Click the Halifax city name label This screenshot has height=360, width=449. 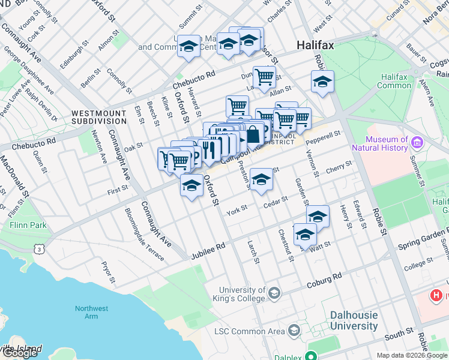coord(316,46)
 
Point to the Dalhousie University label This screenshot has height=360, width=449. coord(354,321)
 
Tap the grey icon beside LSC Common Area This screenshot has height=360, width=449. coord(294,331)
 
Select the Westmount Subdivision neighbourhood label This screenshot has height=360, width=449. coord(99,117)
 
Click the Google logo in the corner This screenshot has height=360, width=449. coord(20,352)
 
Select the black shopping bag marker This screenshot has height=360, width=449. coord(253,134)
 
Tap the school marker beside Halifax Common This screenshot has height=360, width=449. coord(322,82)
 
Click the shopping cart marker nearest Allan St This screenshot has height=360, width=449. coord(264,77)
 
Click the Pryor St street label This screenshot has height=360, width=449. coord(108,272)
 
